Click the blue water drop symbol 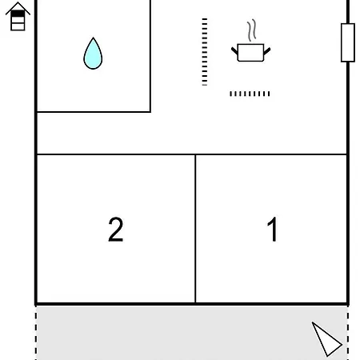pos(93,54)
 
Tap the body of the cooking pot pos(250,53)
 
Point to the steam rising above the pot pos(251,30)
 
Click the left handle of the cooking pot pos(234,50)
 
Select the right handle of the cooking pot pos(267,50)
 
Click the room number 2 pos(116,230)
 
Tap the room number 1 pos(273,229)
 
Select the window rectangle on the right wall pos(348,42)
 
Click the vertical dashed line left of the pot pos(205,52)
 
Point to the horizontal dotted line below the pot pos(250,94)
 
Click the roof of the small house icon pos(18,7)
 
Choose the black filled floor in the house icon pos(18,14)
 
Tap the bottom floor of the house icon pos(18,26)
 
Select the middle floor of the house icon pos(18,20)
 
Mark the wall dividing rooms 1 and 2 pos(195,229)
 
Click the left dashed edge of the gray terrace pos(36,333)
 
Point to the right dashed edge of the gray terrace pos(348,333)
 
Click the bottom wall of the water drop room pos(94,112)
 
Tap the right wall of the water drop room pos(150,56)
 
